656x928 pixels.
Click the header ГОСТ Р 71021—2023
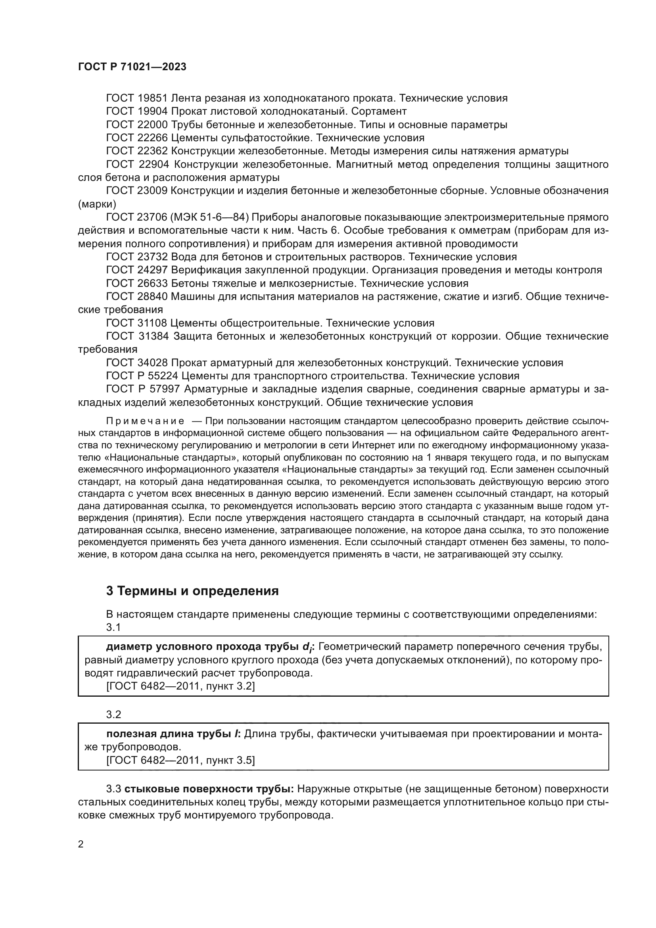pos(132,67)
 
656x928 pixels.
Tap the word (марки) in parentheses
pos(97,204)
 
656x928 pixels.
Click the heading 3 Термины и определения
pos(192,591)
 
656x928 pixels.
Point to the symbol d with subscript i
pos(307,647)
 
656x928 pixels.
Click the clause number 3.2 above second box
pos(113,715)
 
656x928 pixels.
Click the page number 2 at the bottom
pos(81,844)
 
